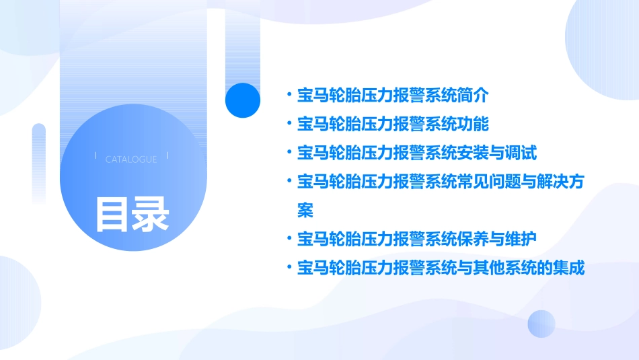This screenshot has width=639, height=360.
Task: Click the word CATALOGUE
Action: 131,159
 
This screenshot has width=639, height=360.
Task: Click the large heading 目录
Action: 132,214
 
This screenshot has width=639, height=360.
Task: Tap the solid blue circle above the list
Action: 243,100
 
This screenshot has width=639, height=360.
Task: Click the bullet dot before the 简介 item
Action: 289,95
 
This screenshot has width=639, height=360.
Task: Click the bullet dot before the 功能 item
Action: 289,124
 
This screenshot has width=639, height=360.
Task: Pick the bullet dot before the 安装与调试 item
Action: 289,153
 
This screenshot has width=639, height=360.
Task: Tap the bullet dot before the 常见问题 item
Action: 289,182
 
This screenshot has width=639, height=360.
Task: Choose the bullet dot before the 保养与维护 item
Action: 289,239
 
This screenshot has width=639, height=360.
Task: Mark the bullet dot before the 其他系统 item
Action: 289,268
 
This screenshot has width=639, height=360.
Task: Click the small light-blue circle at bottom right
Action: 541,324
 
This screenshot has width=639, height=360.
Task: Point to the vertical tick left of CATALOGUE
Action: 96,156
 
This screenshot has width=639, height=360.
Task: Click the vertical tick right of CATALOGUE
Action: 167,156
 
